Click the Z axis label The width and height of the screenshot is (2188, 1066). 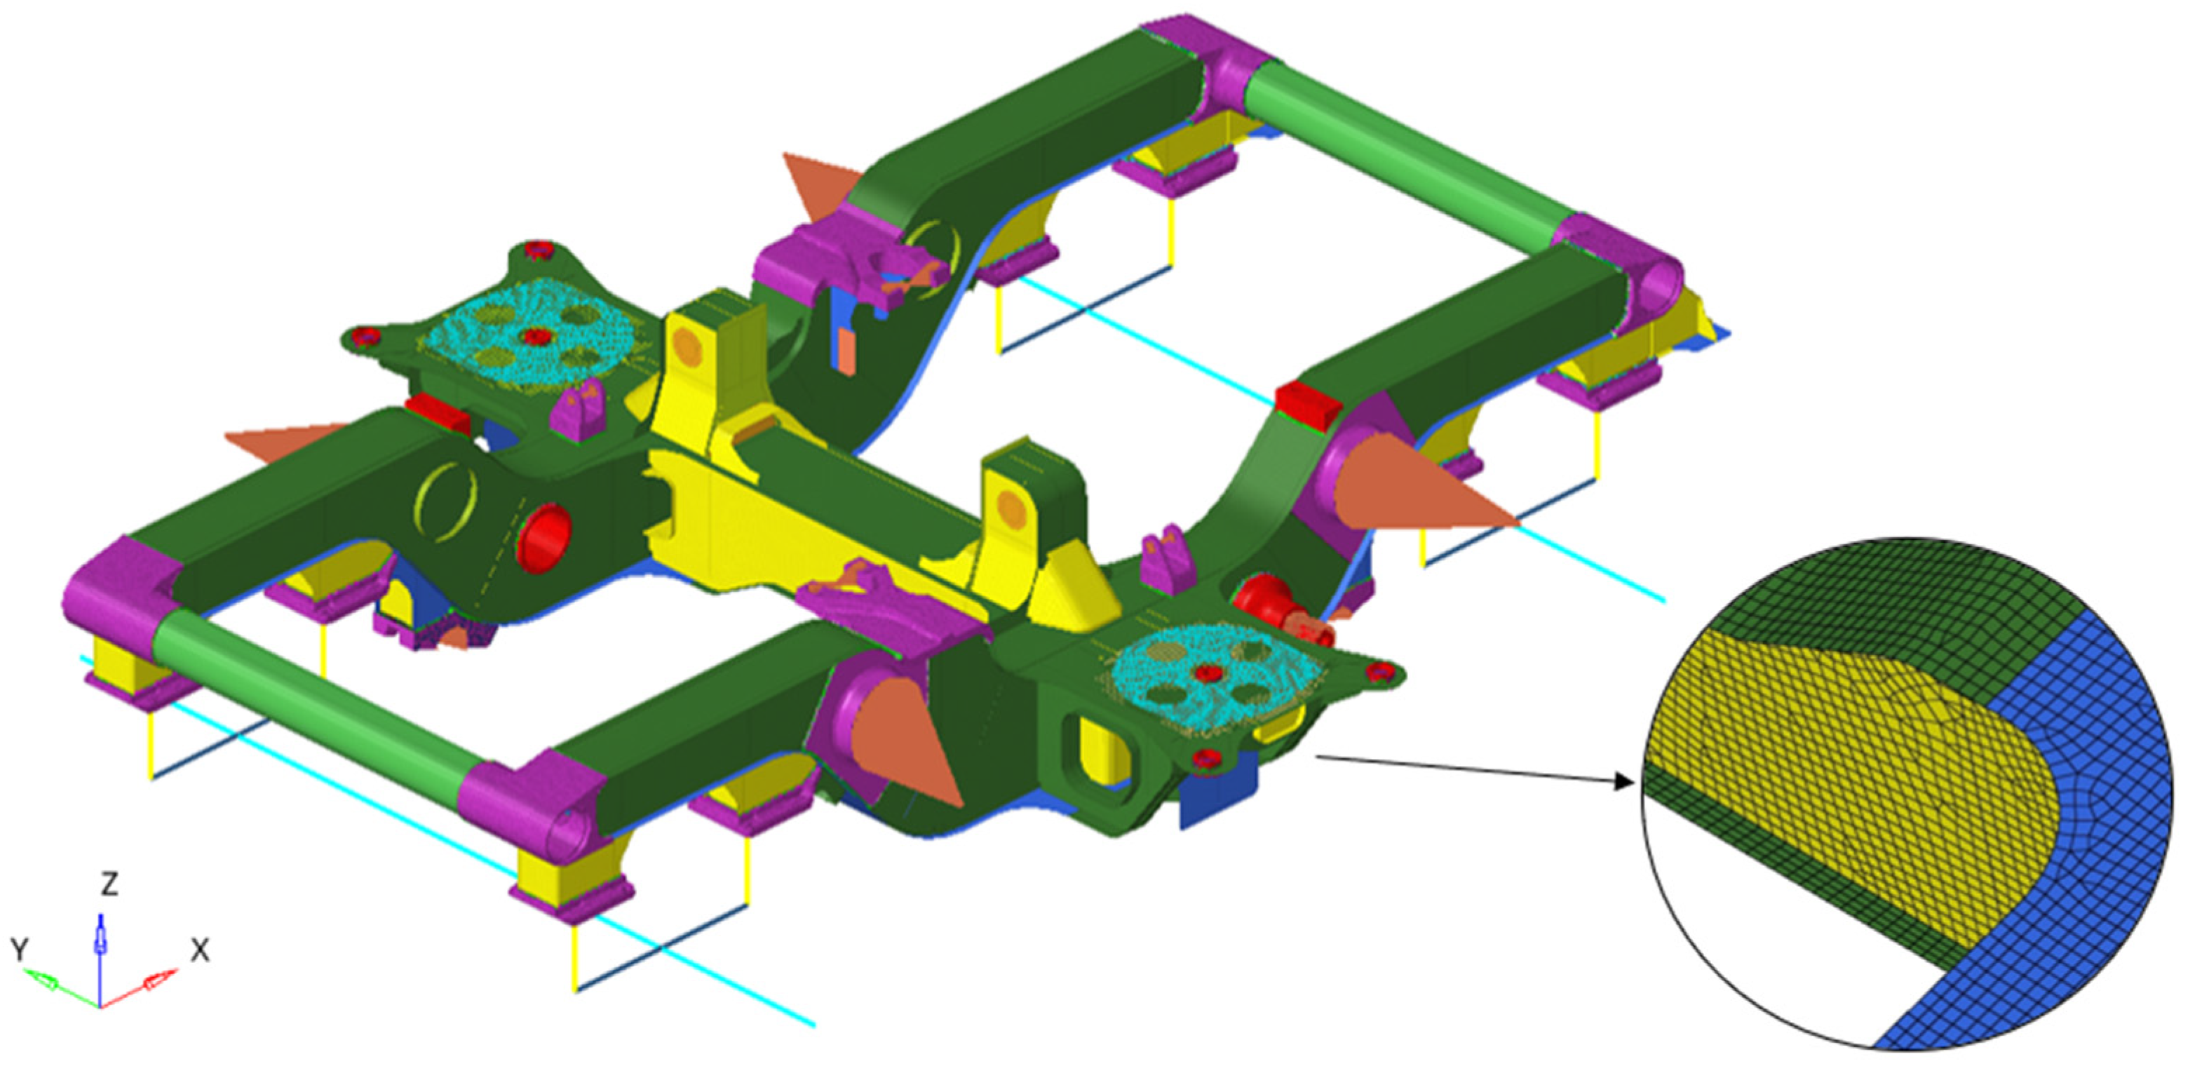click(109, 886)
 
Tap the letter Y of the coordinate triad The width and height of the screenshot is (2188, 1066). click(20, 949)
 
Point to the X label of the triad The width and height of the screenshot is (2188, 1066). click(200, 950)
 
